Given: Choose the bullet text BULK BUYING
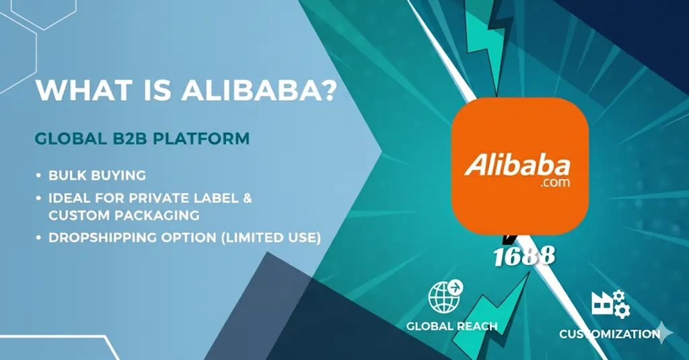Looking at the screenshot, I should (x=97, y=176).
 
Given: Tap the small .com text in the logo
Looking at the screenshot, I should (x=554, y=182).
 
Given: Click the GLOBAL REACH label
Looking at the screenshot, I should (x=451, y=326).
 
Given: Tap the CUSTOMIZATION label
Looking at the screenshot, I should (x=609, y=334).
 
